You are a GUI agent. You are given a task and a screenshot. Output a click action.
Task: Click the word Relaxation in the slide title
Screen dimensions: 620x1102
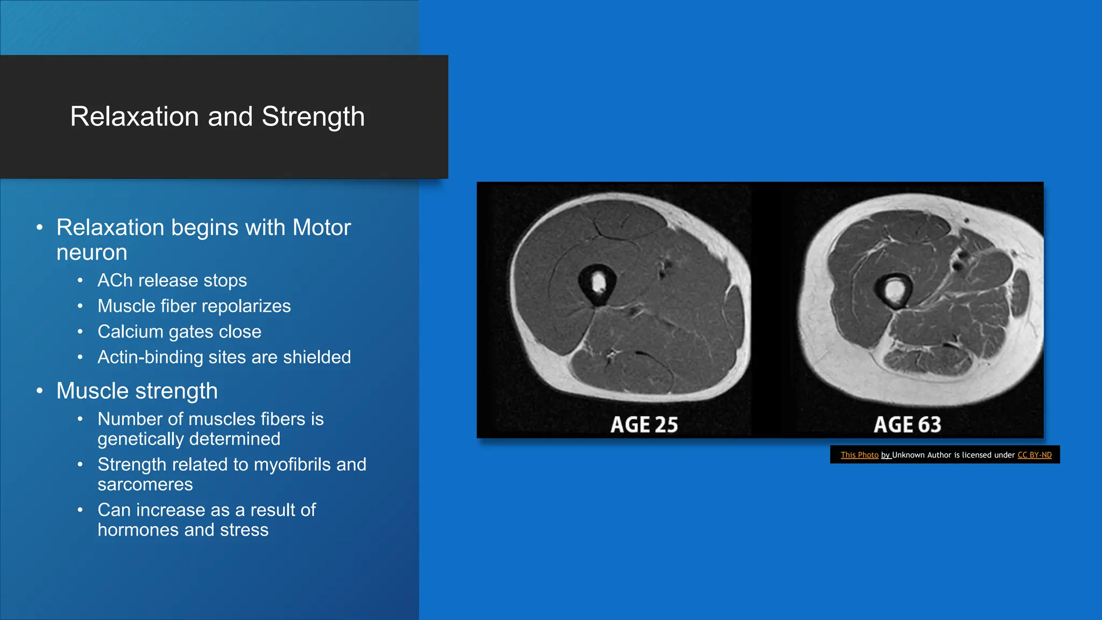click(x=135, y=117)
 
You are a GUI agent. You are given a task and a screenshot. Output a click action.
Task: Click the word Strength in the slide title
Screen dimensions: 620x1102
click(x=313, y=117)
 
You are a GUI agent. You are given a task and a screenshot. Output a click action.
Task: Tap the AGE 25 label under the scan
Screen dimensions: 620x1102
click(x=644, y=425)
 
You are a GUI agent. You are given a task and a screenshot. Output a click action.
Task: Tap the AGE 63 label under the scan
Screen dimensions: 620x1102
click(x=907, y=425)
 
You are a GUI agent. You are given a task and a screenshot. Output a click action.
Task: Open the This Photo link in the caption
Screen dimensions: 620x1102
click(x=859, y=455)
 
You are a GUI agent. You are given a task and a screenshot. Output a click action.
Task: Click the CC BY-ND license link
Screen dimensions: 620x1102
click(x=1034, y=455)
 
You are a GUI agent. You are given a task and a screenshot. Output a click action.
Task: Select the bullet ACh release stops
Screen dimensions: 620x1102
click(x=172, y=280)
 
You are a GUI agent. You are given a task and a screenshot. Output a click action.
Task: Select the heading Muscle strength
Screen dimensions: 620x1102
click(x=137, y=391)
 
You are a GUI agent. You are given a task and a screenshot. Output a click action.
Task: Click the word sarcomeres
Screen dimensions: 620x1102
click(x=145, y=484)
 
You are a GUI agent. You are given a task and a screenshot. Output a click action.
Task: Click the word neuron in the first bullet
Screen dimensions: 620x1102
click(x=91, y=252)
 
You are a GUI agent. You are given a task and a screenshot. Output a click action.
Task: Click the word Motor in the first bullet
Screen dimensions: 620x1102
click(x=321, y=228)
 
